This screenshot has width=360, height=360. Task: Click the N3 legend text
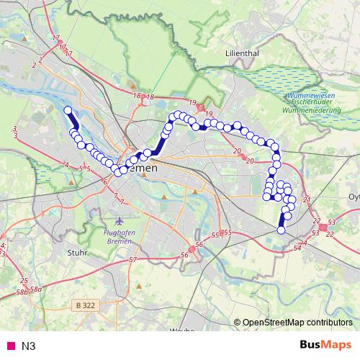(x=29, y=346)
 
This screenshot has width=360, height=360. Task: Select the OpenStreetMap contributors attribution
(x=297, y=323)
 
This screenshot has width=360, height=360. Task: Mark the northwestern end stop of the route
(x=68, y=110)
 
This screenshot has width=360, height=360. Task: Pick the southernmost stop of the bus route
(x=281, y=230)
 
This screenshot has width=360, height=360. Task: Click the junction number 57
(x=132, y=259)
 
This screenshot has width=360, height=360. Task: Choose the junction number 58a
(x=37, y=289)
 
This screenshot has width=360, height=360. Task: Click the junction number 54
(x=297, y=248)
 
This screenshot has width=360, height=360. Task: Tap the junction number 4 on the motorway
(x=66, y=165)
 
